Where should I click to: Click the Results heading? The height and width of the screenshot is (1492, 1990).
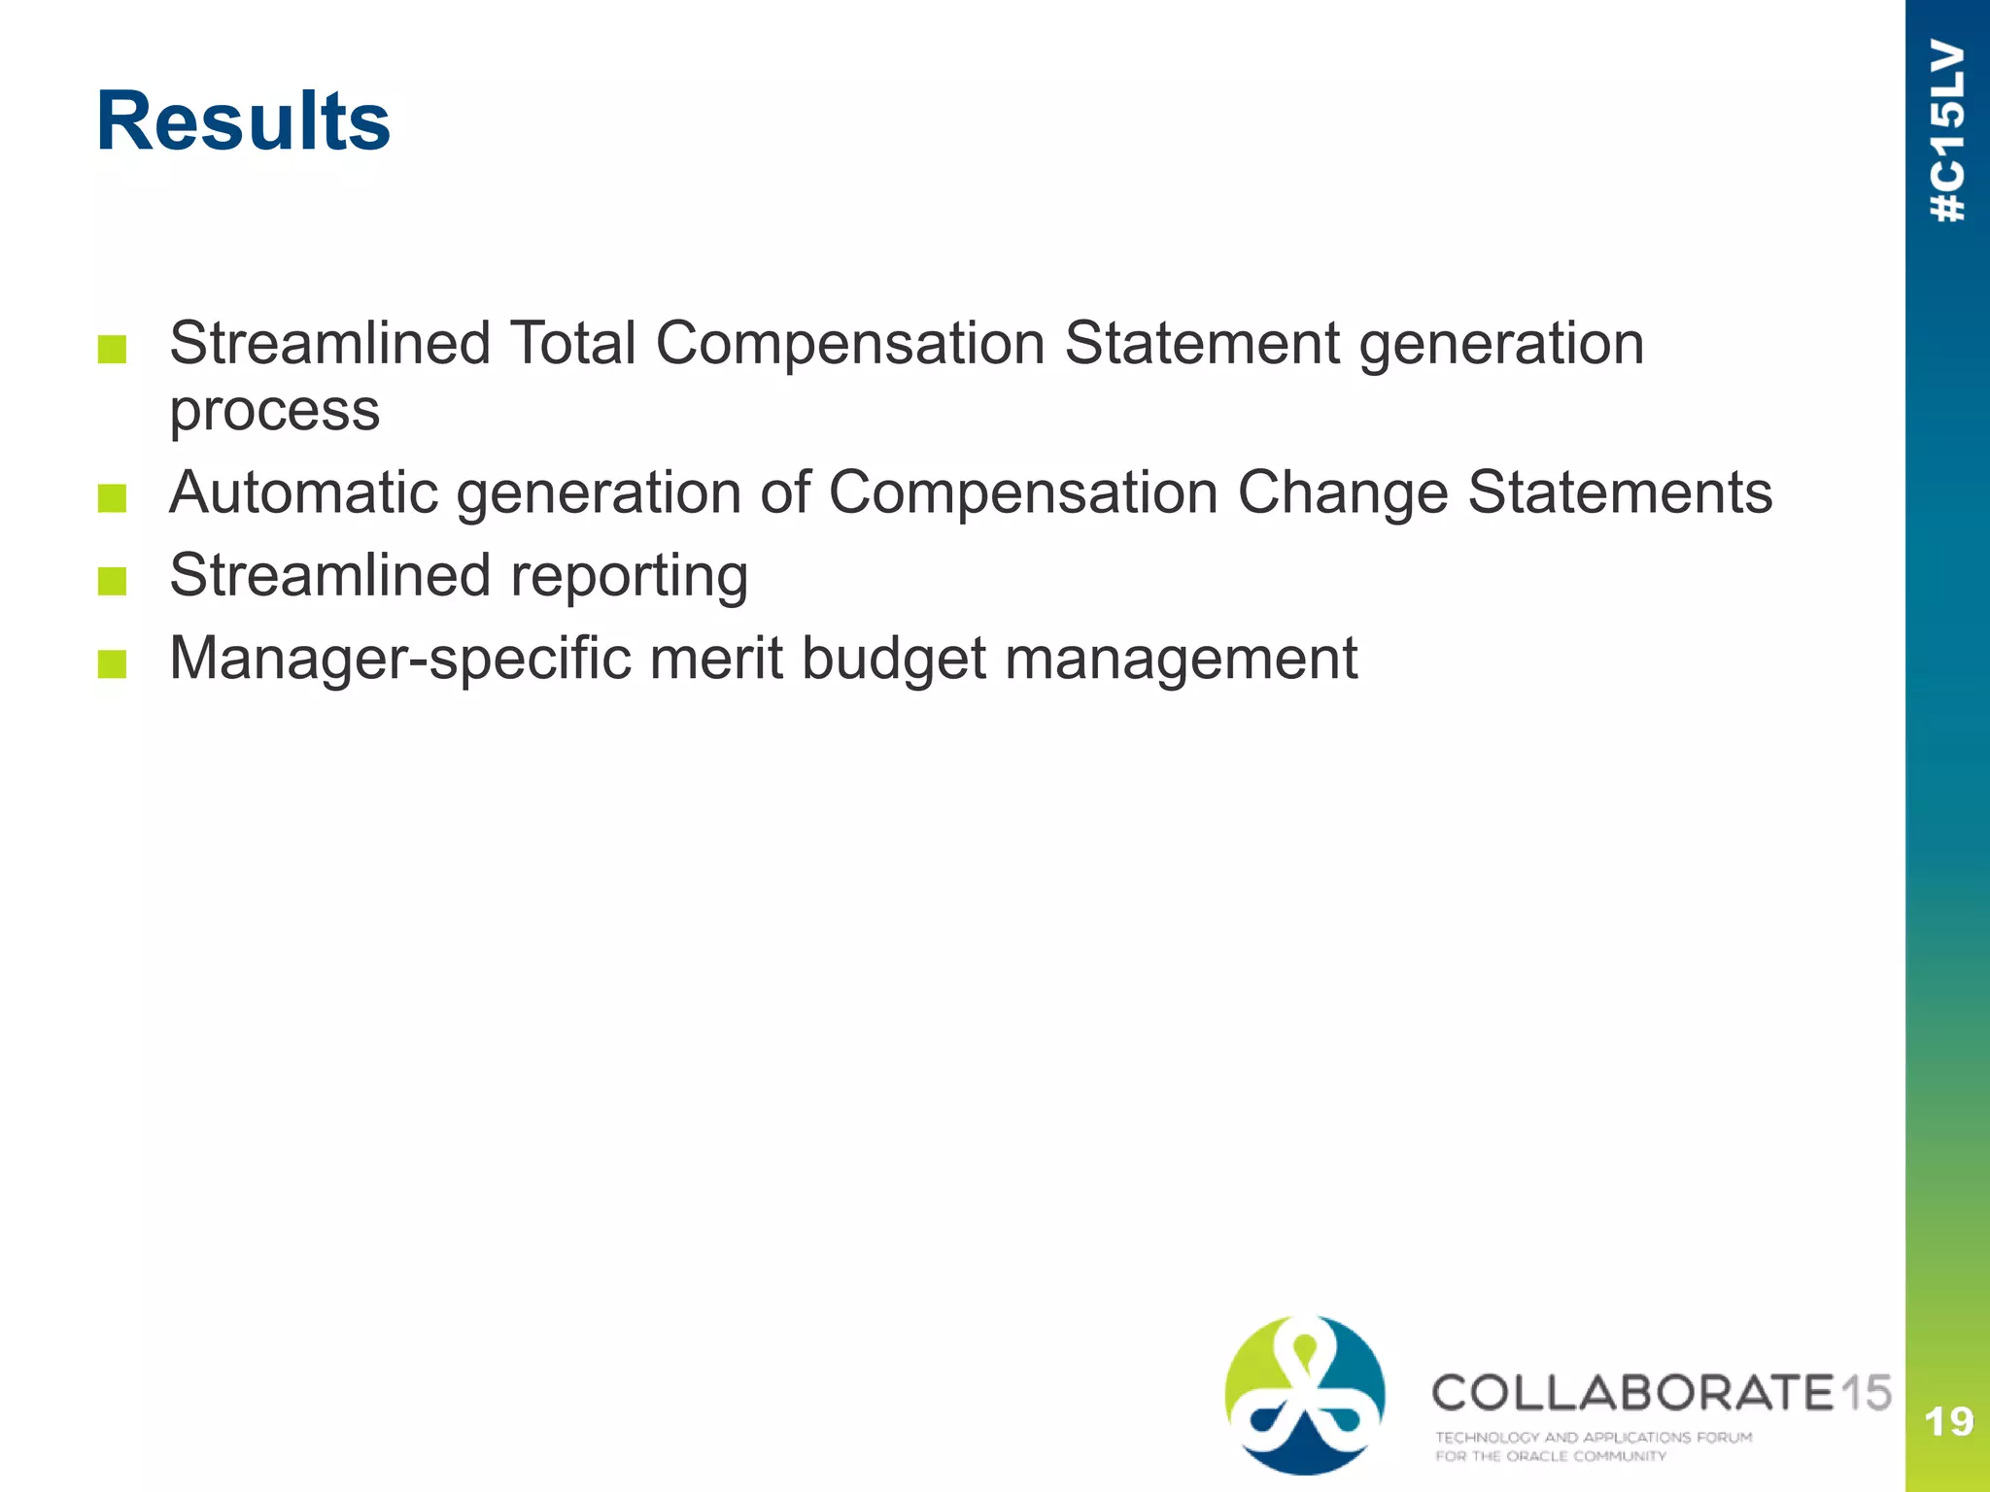pyautogui.click(x=243, y=121)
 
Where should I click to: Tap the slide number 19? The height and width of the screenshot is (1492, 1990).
pyautogui.click(x=1948, y=1422)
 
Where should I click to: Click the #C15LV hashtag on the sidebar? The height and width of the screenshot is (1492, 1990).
pyautogui.click(x=1948, y=131)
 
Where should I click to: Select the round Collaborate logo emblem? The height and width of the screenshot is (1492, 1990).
pyautogui.click(x=1305, y=1395)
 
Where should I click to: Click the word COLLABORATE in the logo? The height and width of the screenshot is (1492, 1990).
pyautogui.click(x=1632, y=1393)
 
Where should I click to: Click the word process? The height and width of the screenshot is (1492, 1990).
pyautogui.click(x=275, y=410)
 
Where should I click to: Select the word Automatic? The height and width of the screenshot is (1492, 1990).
pyautogui.click(x=302, y=492)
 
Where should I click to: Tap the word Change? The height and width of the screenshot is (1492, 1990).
pyautogui.click(x=1342, y=492)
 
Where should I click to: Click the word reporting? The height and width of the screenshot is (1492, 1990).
pyautogui.click(x=629, y=576)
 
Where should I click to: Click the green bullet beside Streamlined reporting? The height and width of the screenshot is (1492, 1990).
pyautogui.click(x=113, y=581)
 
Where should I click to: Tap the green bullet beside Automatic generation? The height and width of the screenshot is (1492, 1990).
pyautogui.click(x=113, y=498)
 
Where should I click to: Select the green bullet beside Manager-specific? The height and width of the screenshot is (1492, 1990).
pyautogui.click(x=113, y=664)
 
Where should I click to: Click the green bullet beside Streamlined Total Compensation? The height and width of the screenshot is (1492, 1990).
pyautogui.click(x=113, y=349)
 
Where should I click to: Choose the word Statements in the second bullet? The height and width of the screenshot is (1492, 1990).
pyautogui.click(x=1620, y=492)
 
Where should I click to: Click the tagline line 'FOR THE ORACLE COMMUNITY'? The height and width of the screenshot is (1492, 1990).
pyautogui.click(x=1551, y=1456)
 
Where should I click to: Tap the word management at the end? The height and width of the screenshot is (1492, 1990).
pyautogui.click(x=1181, y=659)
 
